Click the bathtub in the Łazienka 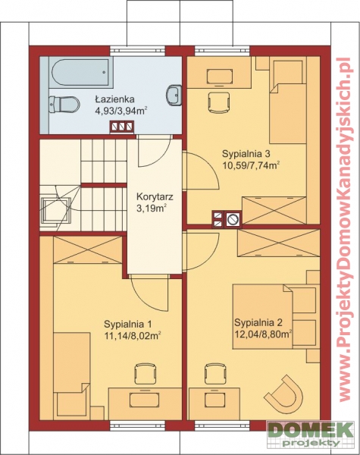point(79,72)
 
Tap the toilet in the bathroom point(64,105)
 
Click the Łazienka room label point(114,99)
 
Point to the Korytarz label point(155,197)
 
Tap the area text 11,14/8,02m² point(133,335)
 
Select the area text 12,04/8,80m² point(263,334)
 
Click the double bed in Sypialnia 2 point(274,316)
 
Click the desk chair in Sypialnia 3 point(220,102)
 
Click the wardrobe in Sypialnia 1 point(88,249)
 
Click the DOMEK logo point(311,435)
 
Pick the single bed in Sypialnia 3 point(288,100)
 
